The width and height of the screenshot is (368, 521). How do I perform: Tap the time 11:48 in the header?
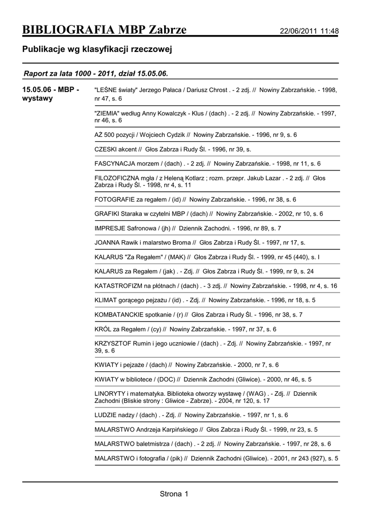(x=330, y=32)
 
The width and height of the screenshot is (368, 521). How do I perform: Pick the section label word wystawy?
(x=38, y=99)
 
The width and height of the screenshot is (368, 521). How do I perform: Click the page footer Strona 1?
(x=174, y=494)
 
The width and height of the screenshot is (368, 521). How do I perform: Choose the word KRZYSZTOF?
(x=113, y=343)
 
